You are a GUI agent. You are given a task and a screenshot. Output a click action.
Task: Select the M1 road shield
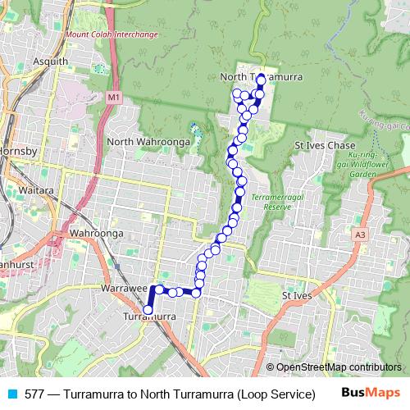coord(113,98)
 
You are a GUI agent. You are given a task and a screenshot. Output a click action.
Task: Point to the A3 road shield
coord(360,235)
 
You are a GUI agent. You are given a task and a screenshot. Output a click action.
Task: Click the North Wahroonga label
coord(143,142)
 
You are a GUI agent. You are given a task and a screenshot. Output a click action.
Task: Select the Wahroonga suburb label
coord(96,234)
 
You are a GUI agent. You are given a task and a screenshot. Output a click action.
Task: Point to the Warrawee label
coord(124,289)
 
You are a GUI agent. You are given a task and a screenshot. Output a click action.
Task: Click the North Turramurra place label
coord(262,76)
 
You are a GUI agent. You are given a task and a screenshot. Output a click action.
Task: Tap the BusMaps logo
coord(371,393)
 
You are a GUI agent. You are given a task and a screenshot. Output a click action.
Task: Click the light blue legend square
coord(11,394)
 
